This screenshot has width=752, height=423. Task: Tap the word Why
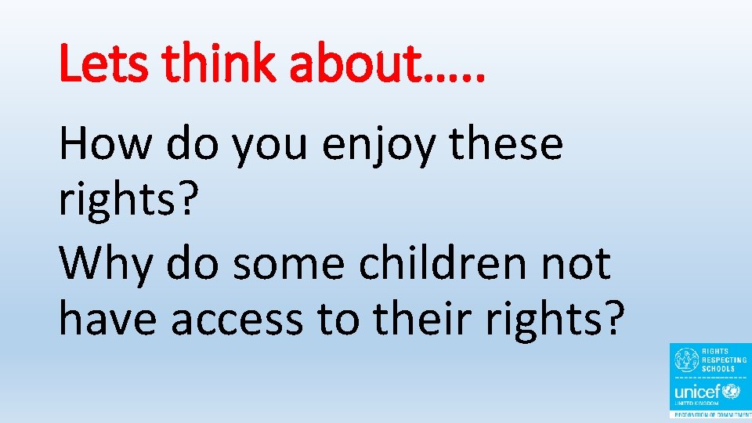click(105, 264)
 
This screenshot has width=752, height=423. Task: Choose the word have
click(107, 319)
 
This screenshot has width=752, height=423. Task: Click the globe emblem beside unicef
click(732, 389)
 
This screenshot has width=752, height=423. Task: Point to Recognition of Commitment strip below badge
click(710, 415)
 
